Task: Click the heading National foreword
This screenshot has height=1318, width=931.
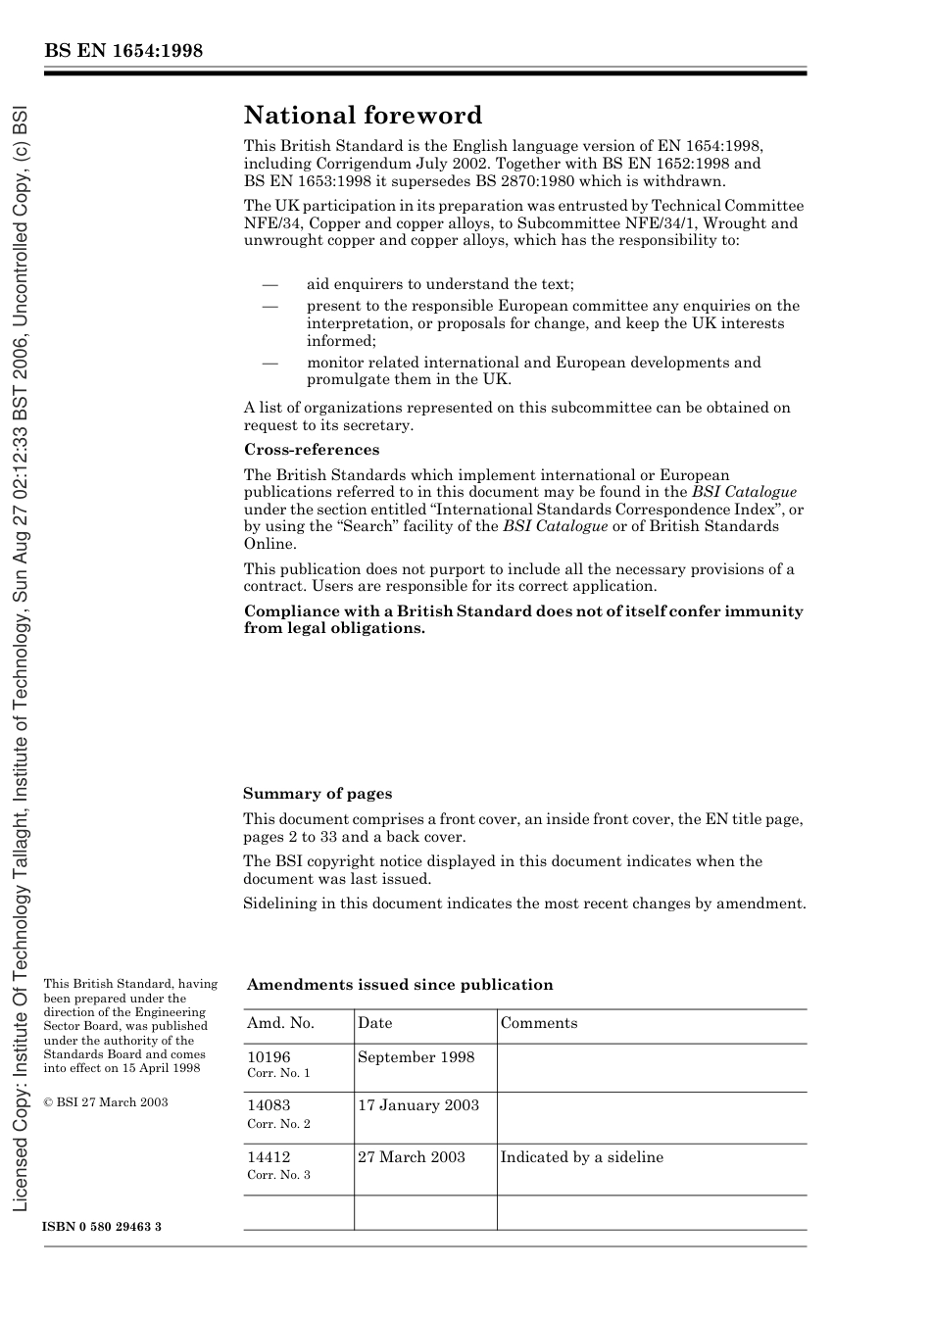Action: pos(363,116)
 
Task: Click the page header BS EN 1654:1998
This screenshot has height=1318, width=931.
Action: pos(122,51)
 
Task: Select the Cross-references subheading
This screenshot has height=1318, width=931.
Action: pos(311,450)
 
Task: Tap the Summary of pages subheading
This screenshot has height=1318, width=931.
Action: pos(317,794)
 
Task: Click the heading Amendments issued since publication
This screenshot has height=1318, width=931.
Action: pos(399,985)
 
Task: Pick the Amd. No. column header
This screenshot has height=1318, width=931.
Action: pos(280,1023)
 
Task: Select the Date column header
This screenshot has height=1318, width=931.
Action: pos(374,1023)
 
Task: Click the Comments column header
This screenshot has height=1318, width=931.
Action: pos(538,1023)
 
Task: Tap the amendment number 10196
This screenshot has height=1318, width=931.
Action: pos(269,1057)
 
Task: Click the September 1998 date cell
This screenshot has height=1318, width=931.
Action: pos(416,1057)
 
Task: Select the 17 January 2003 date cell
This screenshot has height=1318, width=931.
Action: pos(417,1105)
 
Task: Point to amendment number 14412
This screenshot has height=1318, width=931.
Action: pos(269,1157)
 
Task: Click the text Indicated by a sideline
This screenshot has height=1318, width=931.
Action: pos(581,1157)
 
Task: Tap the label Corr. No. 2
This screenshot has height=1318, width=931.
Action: pos(278,1124)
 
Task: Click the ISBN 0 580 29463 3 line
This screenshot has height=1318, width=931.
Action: pos(102,1227)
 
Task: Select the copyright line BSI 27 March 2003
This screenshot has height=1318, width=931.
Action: pos(106,1102)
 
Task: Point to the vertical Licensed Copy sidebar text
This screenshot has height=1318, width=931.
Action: pos(21,657)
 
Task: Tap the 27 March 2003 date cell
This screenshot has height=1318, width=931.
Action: pos(411,1157)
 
